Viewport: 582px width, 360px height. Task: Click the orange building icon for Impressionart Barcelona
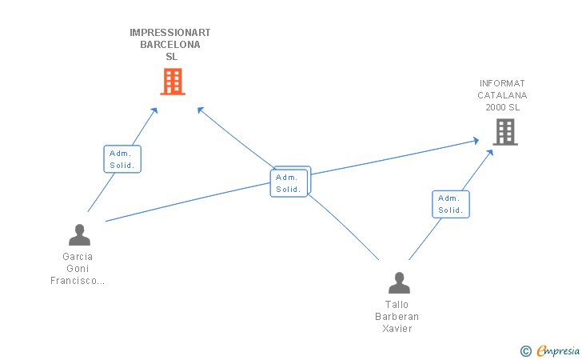click(173, 82)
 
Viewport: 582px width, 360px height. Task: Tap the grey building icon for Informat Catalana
click(505, 132)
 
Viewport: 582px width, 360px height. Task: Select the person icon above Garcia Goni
click(79, 234)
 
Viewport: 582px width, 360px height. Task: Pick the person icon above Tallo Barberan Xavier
click(399, 282)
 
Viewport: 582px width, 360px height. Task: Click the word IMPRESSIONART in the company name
click(170, 33)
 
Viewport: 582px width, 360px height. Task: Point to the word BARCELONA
click(170, 45)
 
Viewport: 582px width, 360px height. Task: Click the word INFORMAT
click(502, 83)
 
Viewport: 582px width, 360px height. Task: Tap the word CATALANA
click(502, 95)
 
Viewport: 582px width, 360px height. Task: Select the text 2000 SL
click(503, 107)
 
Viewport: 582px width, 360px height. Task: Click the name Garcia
click(78, 257)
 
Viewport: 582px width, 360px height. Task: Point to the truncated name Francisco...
click(78, 281)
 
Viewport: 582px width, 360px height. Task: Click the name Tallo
click(397, 305)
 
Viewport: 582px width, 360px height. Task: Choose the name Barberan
click(397, 317)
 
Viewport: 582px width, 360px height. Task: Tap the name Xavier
click(397, 329)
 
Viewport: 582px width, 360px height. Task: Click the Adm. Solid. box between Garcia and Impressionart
click(122, 159)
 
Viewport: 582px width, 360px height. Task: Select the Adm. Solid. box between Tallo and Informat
click(451, 204)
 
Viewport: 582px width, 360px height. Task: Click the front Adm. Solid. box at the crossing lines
click(289, 183)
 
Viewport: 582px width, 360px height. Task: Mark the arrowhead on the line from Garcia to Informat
click(476, 141)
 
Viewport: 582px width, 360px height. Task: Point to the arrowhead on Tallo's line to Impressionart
click(201, 110)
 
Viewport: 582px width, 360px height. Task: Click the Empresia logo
click(550, 350)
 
